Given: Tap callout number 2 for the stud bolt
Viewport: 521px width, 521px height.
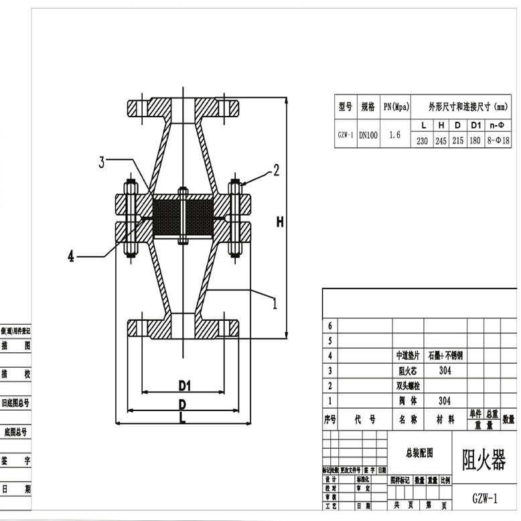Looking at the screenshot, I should pyautogui.click(x=275, y=171).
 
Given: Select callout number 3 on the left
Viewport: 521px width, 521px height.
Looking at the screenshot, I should pyautogui.click(x=102, y=161).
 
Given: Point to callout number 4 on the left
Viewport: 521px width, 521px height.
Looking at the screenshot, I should pyautogui.click(x=71, y=256).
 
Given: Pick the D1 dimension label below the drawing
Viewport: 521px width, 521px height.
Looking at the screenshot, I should pyautogui.click(x=185, y=386).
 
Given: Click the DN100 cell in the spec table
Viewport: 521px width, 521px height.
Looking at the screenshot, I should pyautogui.click(x=368, y=135).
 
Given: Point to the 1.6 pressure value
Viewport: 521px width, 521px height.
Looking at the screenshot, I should pyautogui.click(x=395, y=135).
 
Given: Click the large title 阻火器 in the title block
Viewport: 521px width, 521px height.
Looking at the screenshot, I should pyautogui.click(x=483, y=460).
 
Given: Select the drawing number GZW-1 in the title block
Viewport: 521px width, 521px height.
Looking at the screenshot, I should pyautogui.click(x=485, y=499).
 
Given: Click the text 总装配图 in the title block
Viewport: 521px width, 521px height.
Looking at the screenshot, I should pyautogui.click(x=420, y=453).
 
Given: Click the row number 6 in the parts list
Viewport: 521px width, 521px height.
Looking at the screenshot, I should pyautogui.click(x=329, y=325).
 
